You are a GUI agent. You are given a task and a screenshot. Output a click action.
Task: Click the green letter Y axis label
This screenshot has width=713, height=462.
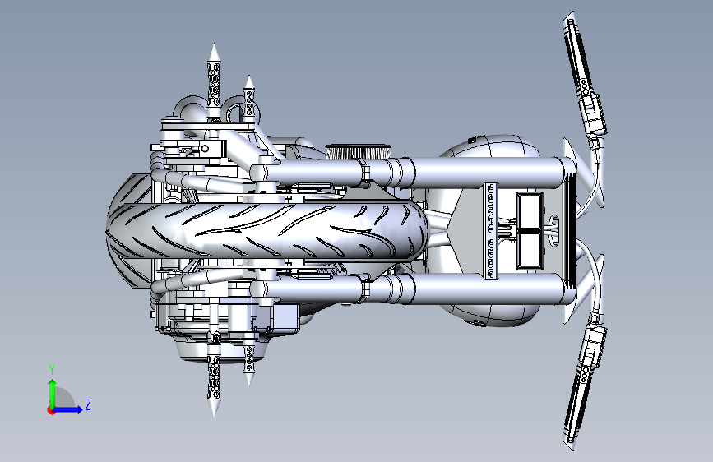(x=52, y=369)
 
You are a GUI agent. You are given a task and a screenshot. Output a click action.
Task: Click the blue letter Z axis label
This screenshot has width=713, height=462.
(x=88, y=404)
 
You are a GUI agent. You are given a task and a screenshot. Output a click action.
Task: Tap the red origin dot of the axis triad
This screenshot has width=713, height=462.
(x=50, y=410)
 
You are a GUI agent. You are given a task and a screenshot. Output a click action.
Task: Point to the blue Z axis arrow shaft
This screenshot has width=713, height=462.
(x=67, y=409)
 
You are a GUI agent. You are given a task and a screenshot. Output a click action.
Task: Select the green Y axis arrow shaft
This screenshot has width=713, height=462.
(x=53, y=394)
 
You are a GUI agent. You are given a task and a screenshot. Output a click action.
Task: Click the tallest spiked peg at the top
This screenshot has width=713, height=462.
(x=214, y=83)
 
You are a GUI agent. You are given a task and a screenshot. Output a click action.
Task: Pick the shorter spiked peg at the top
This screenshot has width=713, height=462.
(x=248, y=99)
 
